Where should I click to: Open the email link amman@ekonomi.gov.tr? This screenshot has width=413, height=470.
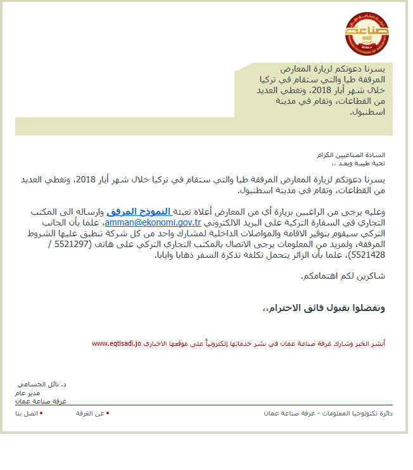pos(153,223)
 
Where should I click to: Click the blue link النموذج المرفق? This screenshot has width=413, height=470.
pos(140,212)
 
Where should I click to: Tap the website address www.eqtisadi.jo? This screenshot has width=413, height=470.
pos(117,343)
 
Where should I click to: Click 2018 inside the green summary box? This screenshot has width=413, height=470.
pos(289,90)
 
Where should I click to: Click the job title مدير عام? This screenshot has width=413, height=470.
pos(27,393)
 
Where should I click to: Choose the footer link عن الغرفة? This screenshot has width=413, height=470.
pos(91,413)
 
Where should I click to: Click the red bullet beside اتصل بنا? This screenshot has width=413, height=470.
pos(41,413)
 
